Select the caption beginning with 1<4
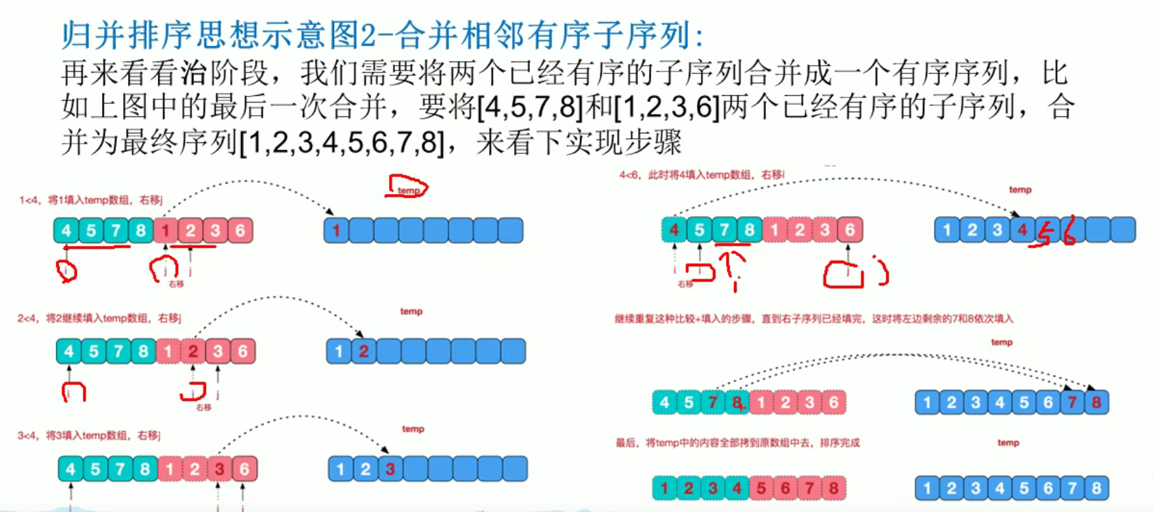coord(90,200)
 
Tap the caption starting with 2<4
coord(99,318)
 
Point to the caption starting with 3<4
coord(89,435)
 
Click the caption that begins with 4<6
coord(702,175)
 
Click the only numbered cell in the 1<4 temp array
coord(336,231)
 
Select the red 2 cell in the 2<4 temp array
coord(364,352)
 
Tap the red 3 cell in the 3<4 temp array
coord(390,470)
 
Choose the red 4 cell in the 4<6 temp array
coord(1022,230)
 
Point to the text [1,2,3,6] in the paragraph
coord(667,107)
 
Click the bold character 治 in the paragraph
coord(194,73)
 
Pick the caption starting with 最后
coord(737,443)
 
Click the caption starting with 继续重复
coord(813,319)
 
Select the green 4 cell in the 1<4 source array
coord(66,231)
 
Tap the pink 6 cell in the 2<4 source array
coord(242,352)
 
